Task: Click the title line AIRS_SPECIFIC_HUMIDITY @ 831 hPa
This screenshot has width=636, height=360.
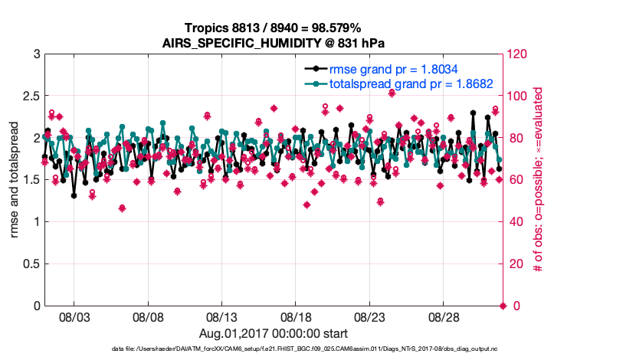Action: pyautogui.click(x=273, y=43)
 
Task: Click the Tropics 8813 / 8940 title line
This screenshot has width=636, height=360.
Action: pyautogui.click(x=273, y=28)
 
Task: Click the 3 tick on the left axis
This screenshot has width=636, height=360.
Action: pyautogui.click(x=36, y=54)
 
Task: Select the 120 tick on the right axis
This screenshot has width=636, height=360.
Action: pyautogui.click(x=518, y=54)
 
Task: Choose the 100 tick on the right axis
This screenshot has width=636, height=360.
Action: pyautogui.click(x=518, y=97)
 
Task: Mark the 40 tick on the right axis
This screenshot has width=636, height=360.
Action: pyautogui.click(x=516, y=222)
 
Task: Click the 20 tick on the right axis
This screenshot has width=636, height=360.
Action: pyautogui.click(x=516, y=264)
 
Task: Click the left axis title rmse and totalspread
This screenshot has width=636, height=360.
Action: pyautogui.click(x=15, y=180)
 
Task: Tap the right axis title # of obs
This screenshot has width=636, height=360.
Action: pyautogui.click(x=539, y=180)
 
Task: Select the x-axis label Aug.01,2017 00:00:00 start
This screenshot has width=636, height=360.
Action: pyautogui.click(x=273, y=333)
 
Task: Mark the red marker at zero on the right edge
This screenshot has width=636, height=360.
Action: pyautogui.click(x=503, y=306)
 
